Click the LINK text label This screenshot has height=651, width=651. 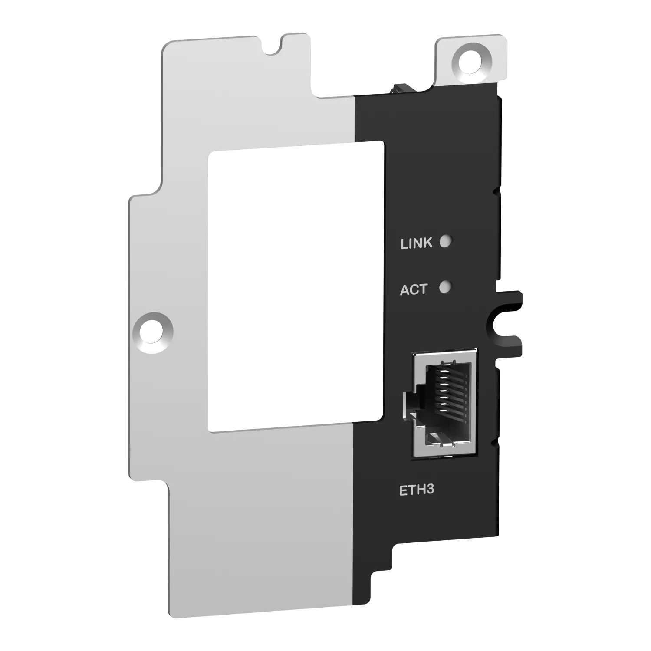pyautogui.click(x=416, y=243)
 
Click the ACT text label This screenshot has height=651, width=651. pyautogui.click(x=414, y=289)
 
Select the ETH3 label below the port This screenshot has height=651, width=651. pyautogui.click(x=417, y=490)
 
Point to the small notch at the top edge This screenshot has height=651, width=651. pyautogui.click(x=273, y=47)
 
